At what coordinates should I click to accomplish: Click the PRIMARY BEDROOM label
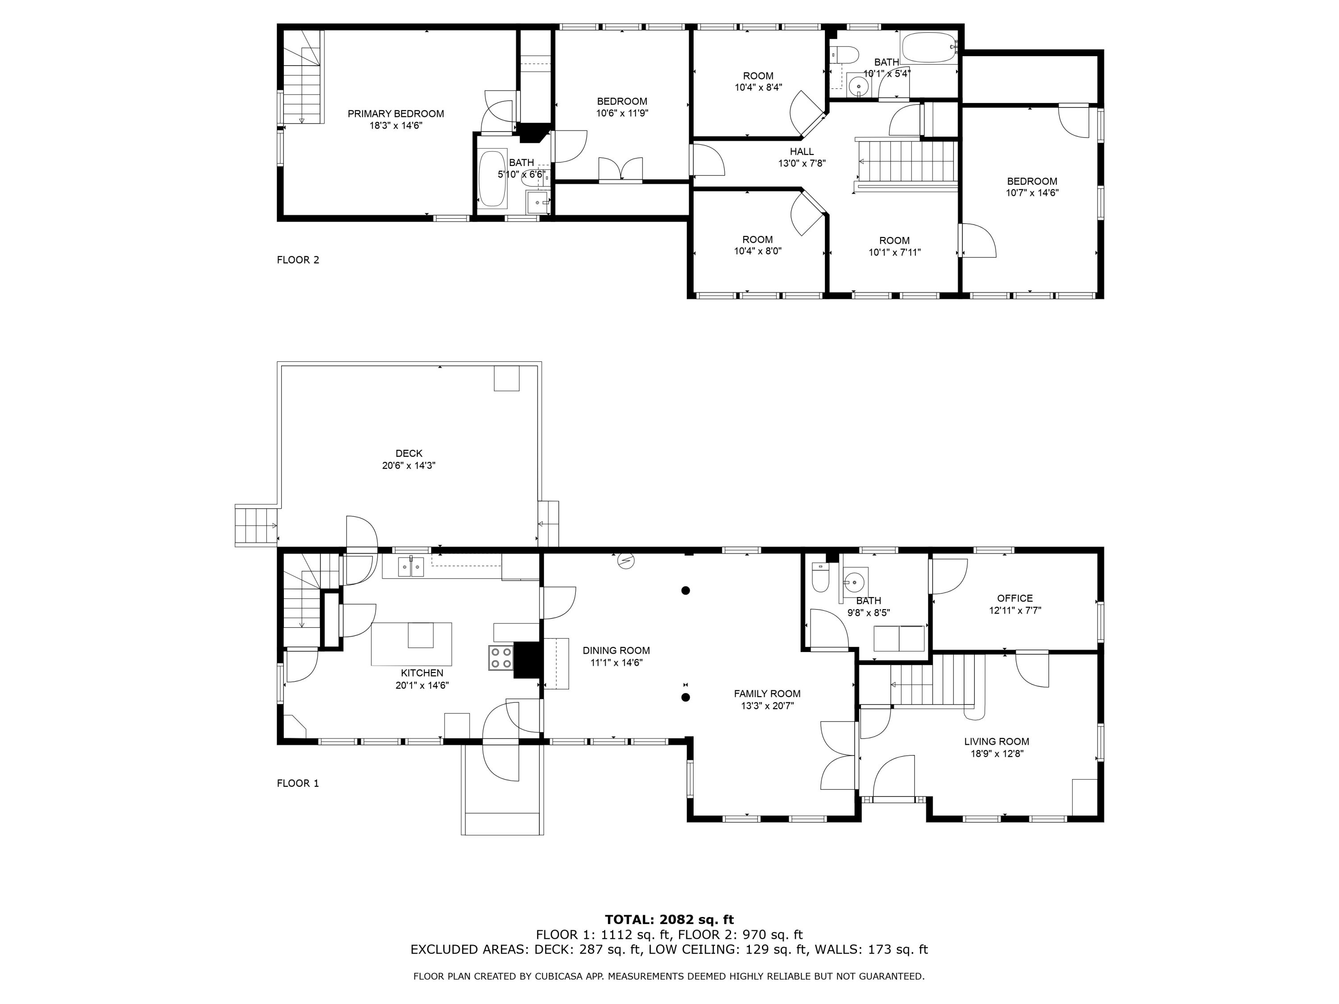(396, 114)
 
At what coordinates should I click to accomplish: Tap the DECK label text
(409, 453)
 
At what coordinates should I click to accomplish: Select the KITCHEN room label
(422, 673)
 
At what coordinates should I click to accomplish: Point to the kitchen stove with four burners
(501, 658)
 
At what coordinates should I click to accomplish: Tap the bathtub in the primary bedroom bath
(493, 179)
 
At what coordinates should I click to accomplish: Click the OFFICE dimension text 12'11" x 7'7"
(1015, 610)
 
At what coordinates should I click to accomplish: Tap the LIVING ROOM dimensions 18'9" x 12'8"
(997, 754)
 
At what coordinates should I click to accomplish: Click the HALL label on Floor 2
(802, 151)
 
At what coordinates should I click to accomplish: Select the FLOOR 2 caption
(298, 260)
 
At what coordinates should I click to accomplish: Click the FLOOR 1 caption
(298, 783)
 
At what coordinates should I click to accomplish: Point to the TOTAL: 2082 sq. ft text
(669, 920)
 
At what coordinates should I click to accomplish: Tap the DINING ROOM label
(616, 651)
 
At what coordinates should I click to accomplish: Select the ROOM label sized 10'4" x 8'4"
(758, 76)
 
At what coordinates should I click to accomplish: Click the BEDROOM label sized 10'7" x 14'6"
(1032, 181)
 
